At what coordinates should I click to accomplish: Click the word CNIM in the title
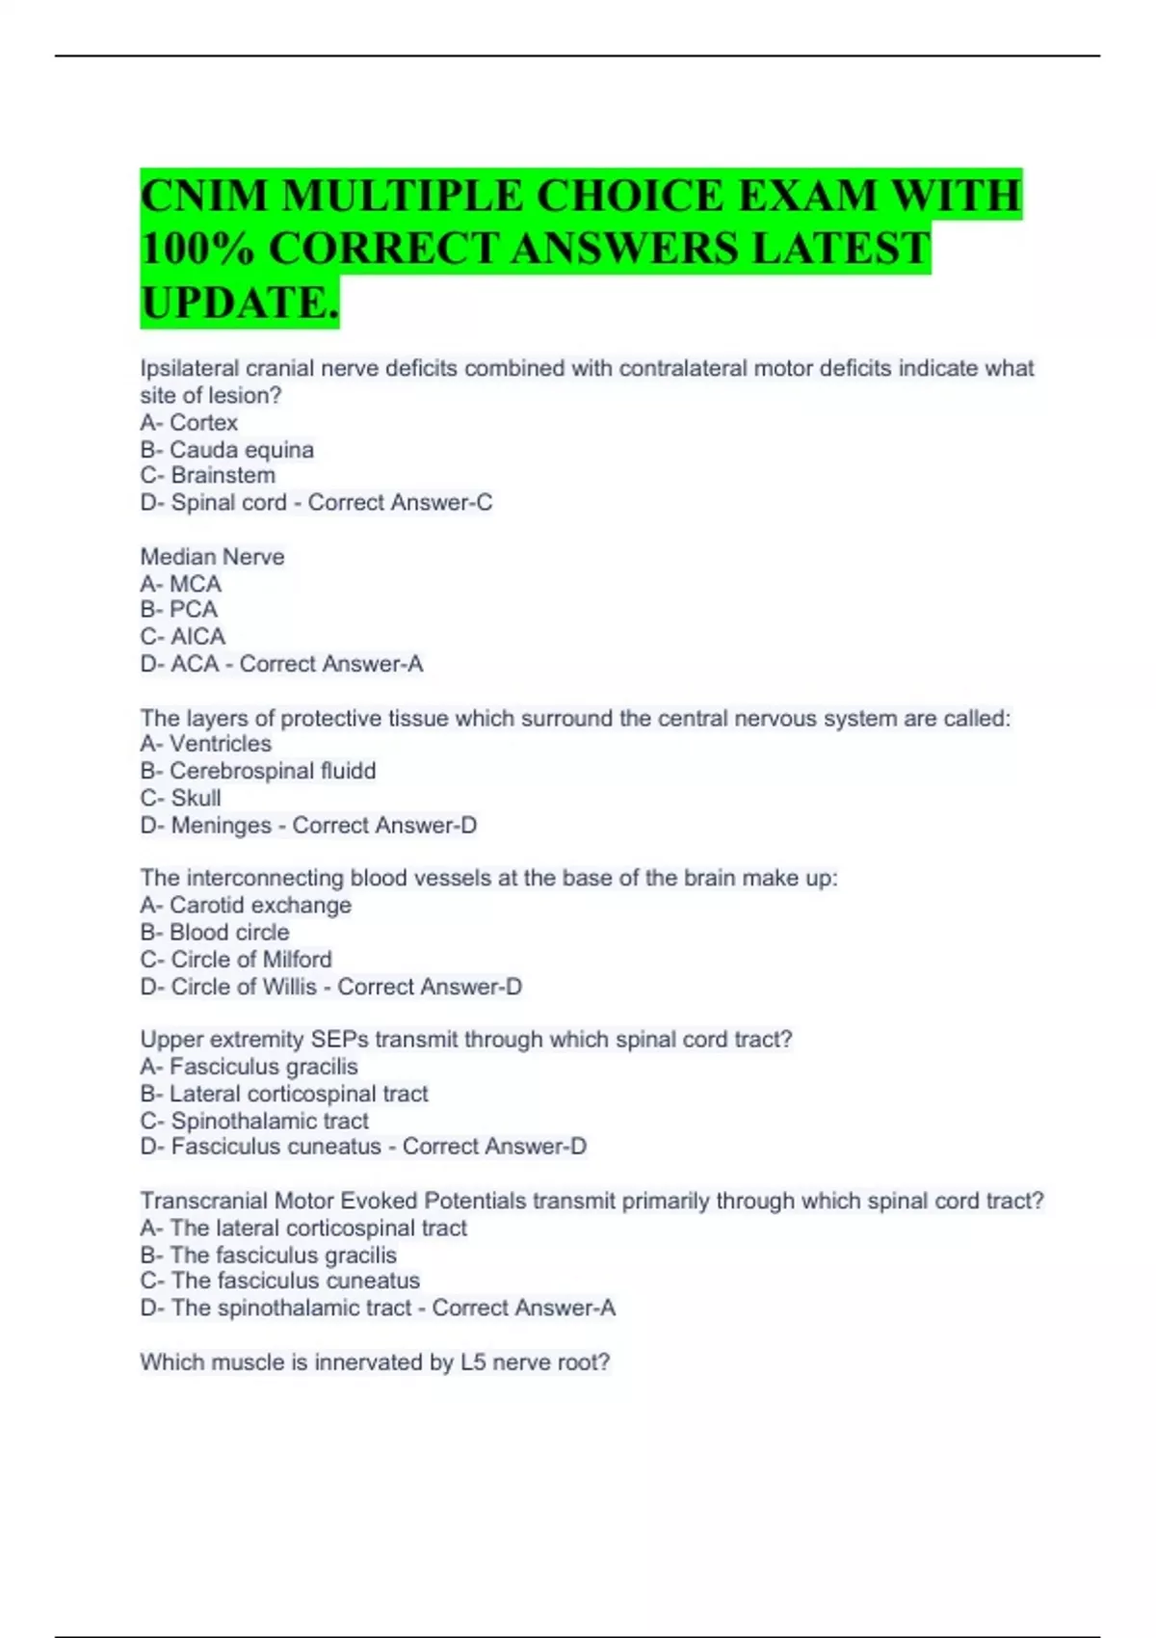tap(204, 197)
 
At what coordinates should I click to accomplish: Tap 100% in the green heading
tap(197, 249)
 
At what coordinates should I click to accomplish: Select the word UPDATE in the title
tap(235, 303)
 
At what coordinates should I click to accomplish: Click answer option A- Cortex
tap(189, 422)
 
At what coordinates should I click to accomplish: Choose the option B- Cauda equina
tap(226, 449)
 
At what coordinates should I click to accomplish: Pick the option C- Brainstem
tap(208, 475)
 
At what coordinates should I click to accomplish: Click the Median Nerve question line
tap(212, 557)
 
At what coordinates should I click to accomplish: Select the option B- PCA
tap(179, 610)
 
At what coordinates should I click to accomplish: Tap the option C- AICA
tap(183, 637)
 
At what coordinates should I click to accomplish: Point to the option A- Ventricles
tap(206, 744)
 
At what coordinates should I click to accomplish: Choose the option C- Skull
tap(181, 798)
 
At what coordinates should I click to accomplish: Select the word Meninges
tap(221, 825)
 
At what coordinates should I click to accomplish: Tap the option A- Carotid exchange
tap(246, 905)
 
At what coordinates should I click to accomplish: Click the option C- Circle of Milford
tap(236, 959)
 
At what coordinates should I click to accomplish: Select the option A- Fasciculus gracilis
tap(249, 1067)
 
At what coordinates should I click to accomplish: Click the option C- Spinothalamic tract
tap(254, 1121)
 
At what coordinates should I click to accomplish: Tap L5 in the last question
tap(473, 1362)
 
